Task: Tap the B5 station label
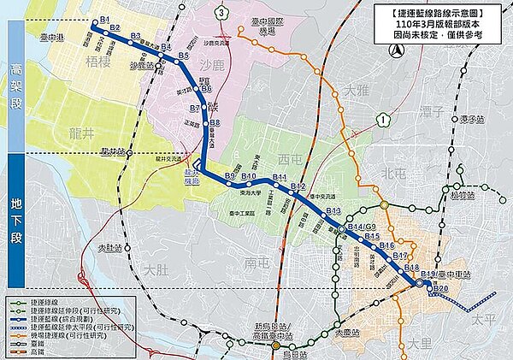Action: coord(183,56)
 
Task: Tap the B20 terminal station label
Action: coord(439,288)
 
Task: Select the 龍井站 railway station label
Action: coord(112,150)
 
